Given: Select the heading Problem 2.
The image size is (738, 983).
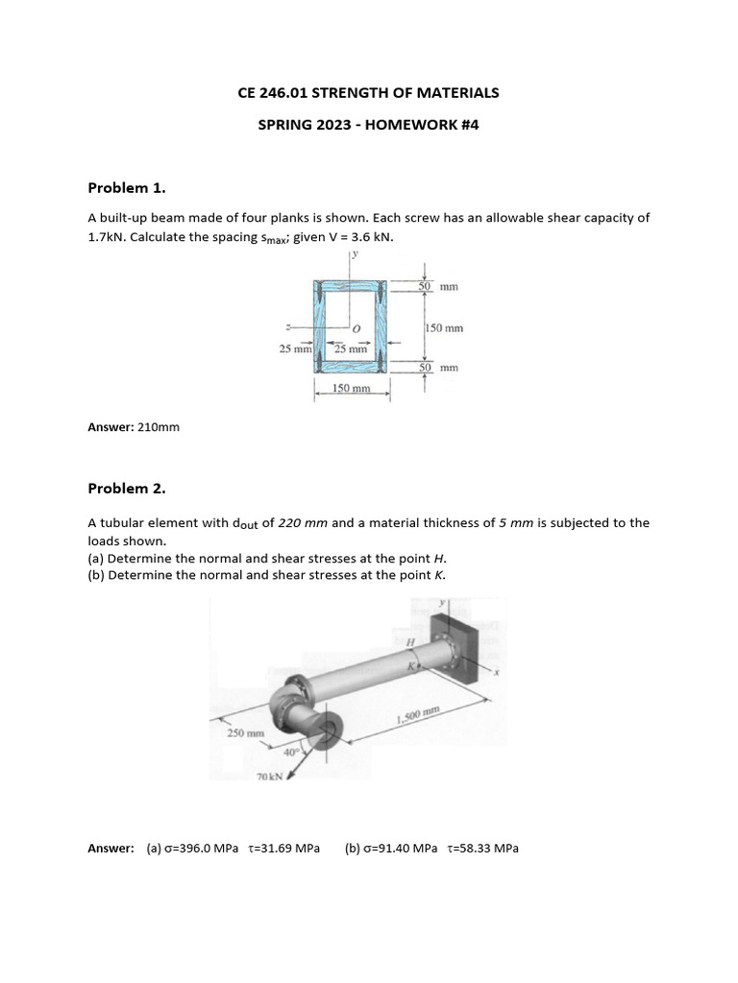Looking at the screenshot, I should pyautogui.click(x=127, y=489).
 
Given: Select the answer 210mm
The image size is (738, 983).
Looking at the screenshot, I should pyautogui.click(x=158, y=427).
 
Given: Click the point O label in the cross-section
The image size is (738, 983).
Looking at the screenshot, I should pyautogui.click(x=356, y=329).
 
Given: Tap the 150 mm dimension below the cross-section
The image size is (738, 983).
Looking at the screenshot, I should pyautogui.click(x=351, y=389).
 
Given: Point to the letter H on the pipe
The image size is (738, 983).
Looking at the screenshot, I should pyautogui.click(x=409, y=641).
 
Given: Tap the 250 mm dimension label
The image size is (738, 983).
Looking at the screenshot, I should pyautogui.click(x=245, y=732).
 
